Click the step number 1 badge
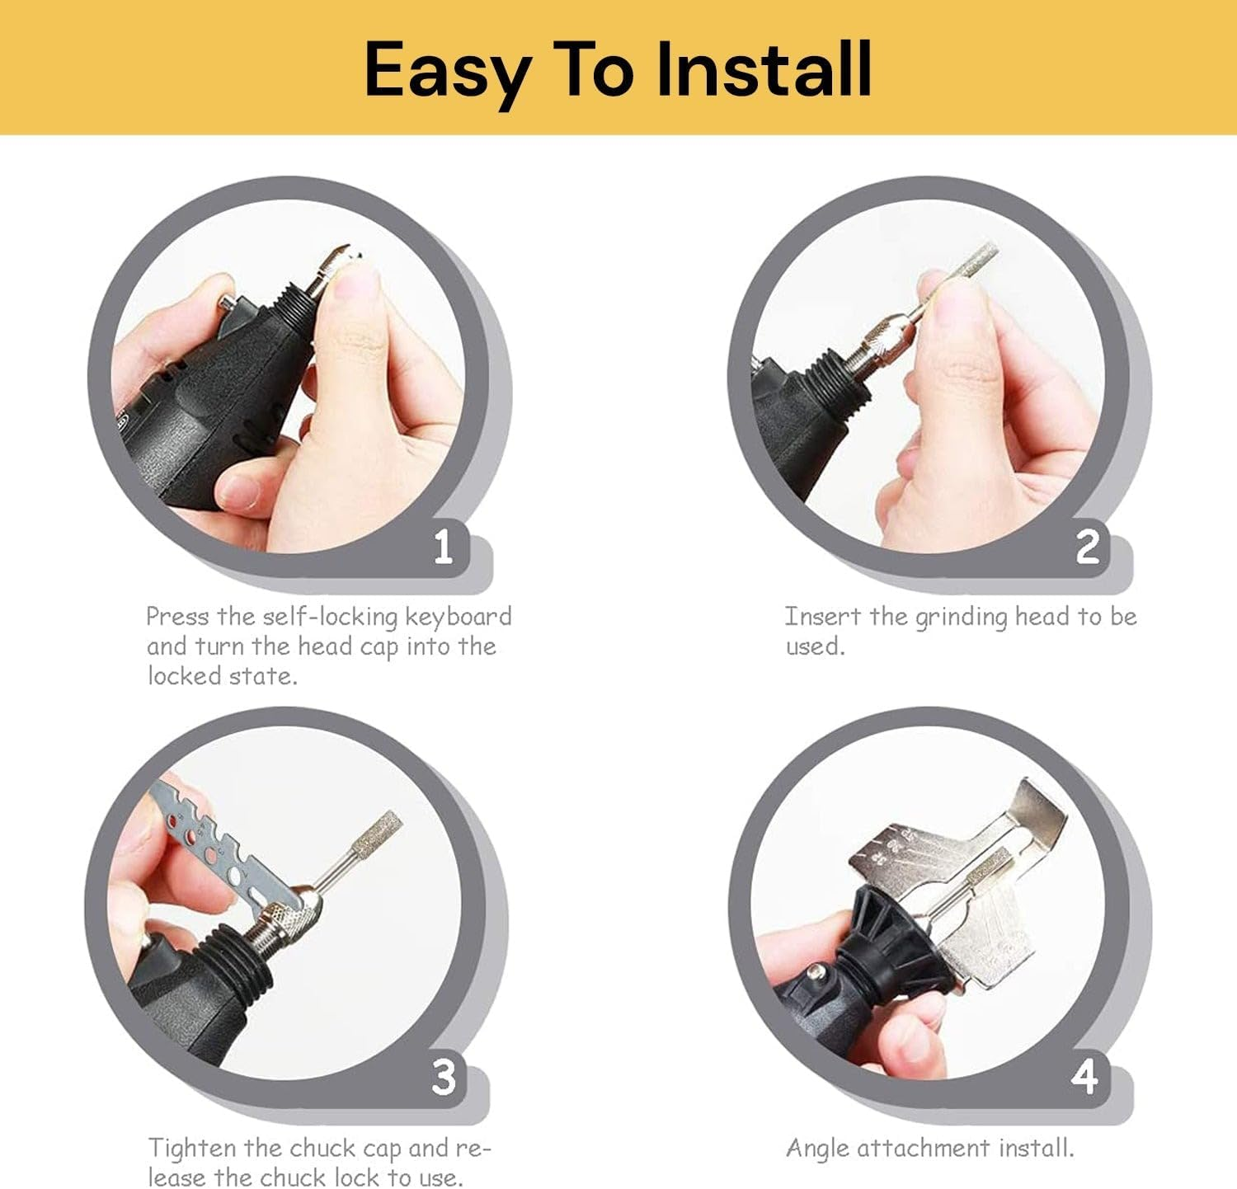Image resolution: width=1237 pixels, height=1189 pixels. [443, 546]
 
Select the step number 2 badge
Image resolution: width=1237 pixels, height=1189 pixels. [1088, 546]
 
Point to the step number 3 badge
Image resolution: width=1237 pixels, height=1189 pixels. [444, 1077]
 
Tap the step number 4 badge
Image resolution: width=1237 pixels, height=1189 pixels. [1085, 1077]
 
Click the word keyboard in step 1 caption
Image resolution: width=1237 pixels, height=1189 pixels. [459, 618]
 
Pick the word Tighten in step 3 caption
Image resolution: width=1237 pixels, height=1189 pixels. [193, 1149]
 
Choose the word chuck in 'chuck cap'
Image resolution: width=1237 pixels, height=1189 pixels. [324, 1149]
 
